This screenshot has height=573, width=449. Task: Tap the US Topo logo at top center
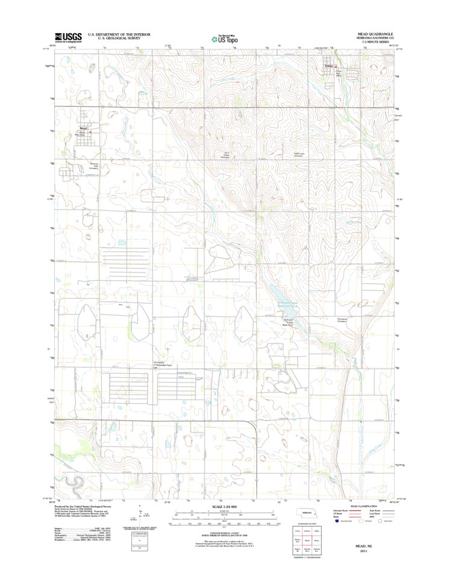(224, 38)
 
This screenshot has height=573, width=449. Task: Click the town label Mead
(83, 128)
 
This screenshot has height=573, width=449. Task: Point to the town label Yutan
(328, 66)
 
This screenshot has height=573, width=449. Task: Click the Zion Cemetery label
(227, 155)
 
